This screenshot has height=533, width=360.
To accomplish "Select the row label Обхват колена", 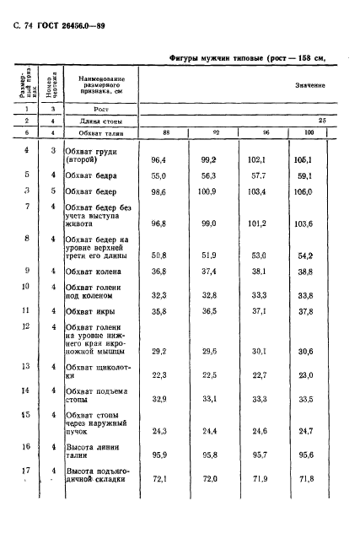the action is (96, 272).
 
